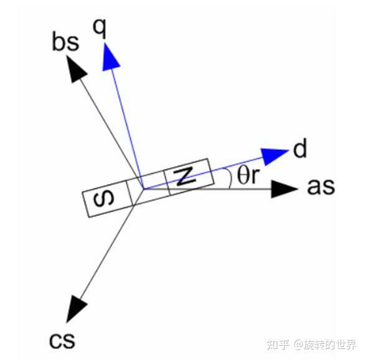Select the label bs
65,42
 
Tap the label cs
62,340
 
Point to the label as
321,187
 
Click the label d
300,148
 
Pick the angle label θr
248,175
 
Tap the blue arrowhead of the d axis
274,155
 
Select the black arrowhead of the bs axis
75,69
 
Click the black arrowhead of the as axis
284,189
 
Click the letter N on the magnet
185,177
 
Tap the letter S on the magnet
104,200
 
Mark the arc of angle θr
230,178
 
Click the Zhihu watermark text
312,344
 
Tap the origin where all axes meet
143,189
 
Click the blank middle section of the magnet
148,188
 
